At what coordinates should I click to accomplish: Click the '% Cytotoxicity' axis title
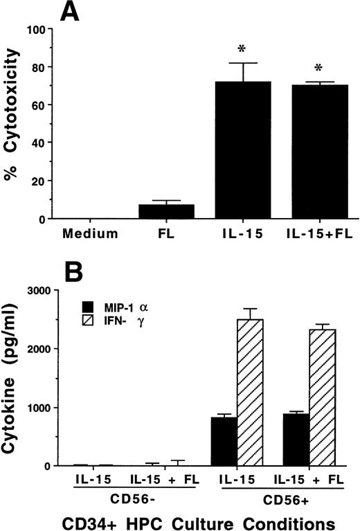tap(12, 127)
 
